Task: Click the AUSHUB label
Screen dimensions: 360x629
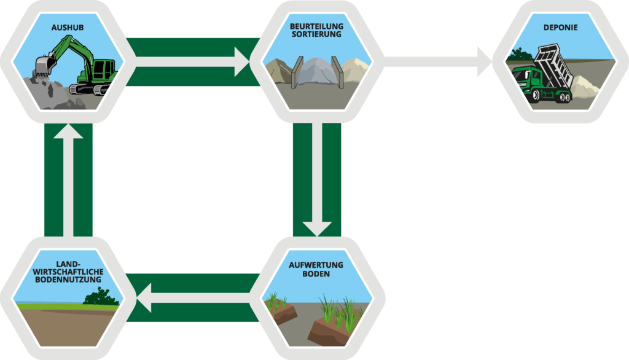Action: [68, 28]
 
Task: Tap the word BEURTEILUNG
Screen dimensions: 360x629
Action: [316, 26]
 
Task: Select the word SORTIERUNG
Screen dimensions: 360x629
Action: [316, 35]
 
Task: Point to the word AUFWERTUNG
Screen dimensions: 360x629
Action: [317, 265]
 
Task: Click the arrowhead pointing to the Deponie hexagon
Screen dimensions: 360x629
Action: [484, 61]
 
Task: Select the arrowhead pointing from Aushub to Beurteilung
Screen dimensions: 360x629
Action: [241, 61]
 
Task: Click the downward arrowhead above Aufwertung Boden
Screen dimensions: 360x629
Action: [317, 227]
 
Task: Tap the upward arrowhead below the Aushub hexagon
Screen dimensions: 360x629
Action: [68, 133]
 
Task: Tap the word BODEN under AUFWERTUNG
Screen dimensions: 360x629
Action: [317, 274]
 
